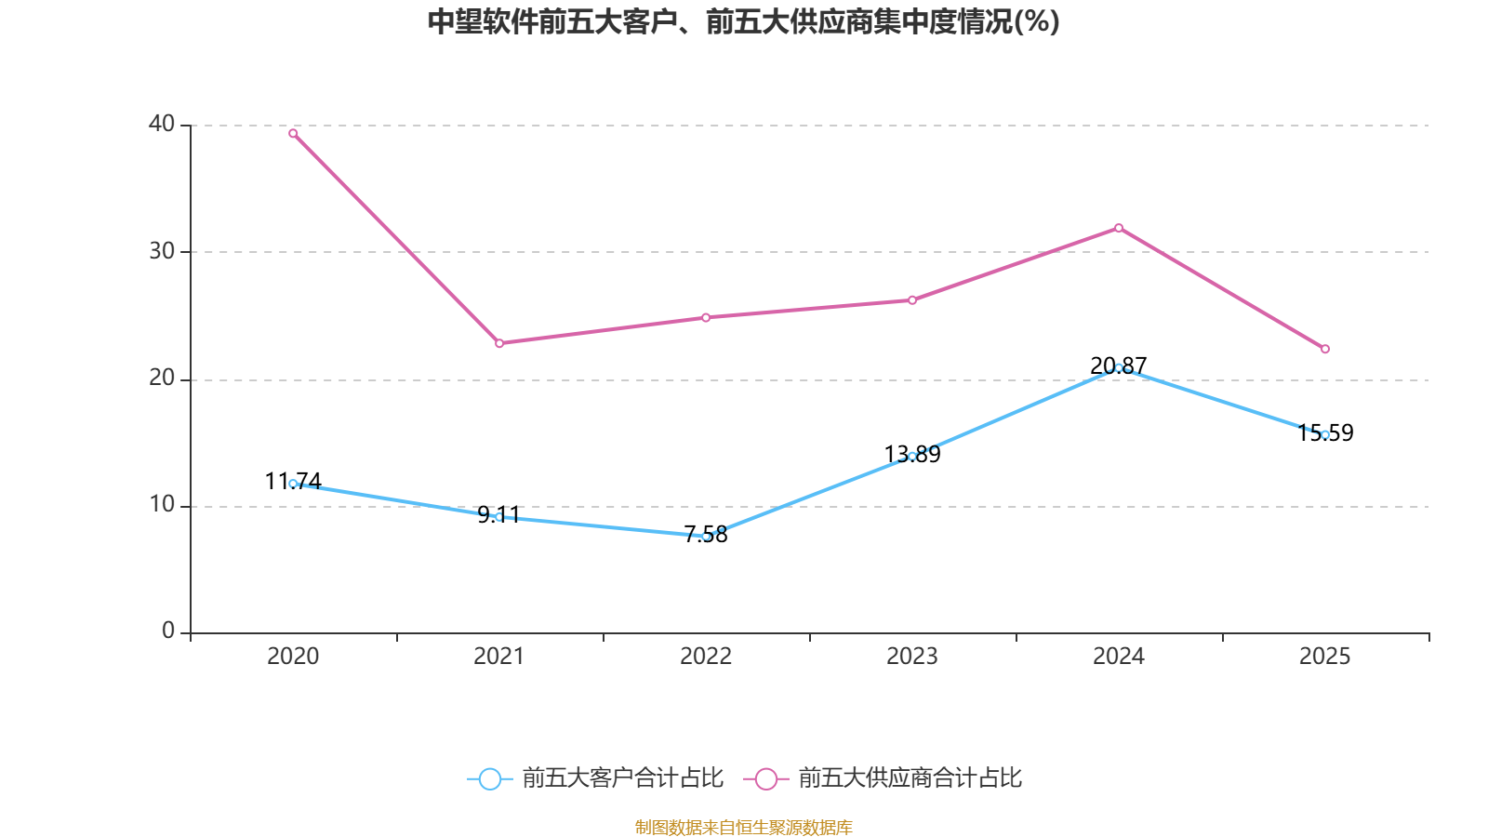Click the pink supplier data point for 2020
click(293, 133)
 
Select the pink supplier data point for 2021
click(499, 343)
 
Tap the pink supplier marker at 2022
click(706, 317)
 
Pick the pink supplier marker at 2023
click(912, 300)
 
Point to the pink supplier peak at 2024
click(1119, 228)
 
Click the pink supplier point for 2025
click(1325, 349)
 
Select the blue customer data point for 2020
click(293, 484)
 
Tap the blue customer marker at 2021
click(499, 517)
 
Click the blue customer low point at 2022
click(706, 537)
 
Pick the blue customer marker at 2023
click(912, 456)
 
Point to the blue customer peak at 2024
click(1119, 367)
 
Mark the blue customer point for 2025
click(1325, 434)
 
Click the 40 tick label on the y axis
click(162, 124)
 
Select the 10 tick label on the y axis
click(162, 505)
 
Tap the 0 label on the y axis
click(168, 631)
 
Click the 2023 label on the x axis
click(912, 657)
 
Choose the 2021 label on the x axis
click(499, 657)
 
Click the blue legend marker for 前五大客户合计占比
click(489, 778)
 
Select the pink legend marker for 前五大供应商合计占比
click(765, 778)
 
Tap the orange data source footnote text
click(744, 827)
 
